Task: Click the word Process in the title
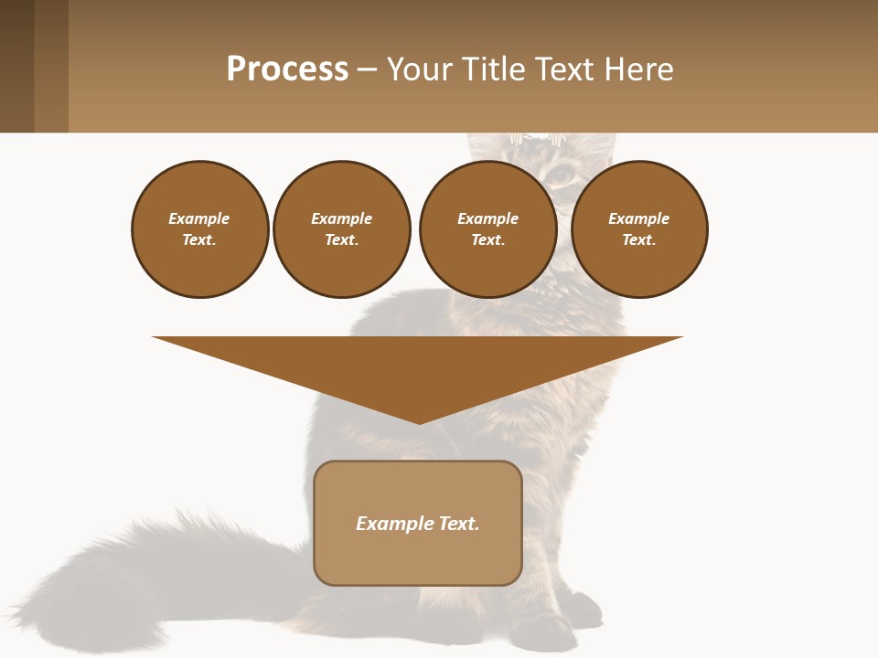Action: click(287, 69)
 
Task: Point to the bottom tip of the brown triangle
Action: click(419, 422)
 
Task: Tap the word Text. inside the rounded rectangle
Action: click(459, 524)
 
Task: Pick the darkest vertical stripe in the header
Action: click(16, 66)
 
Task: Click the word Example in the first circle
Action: click(199, 218)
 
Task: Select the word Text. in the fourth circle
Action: click(639, 240)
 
